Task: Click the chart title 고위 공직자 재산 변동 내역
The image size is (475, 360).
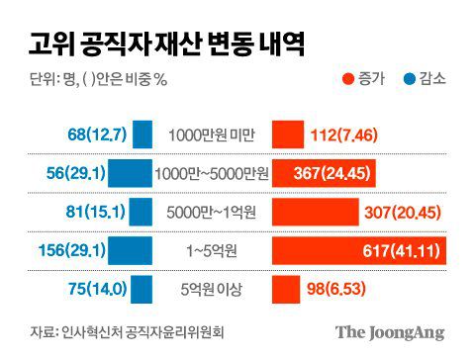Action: [162, 45]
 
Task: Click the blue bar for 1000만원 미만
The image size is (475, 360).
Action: [142, 135]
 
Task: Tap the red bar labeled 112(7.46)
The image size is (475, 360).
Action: [288, 135]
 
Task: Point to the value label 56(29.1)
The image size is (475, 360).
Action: [74, 173]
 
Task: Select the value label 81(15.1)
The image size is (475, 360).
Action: [95, 212]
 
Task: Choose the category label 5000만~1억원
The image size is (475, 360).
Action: [211, 212]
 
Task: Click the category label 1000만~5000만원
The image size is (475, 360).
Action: [211, 173]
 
